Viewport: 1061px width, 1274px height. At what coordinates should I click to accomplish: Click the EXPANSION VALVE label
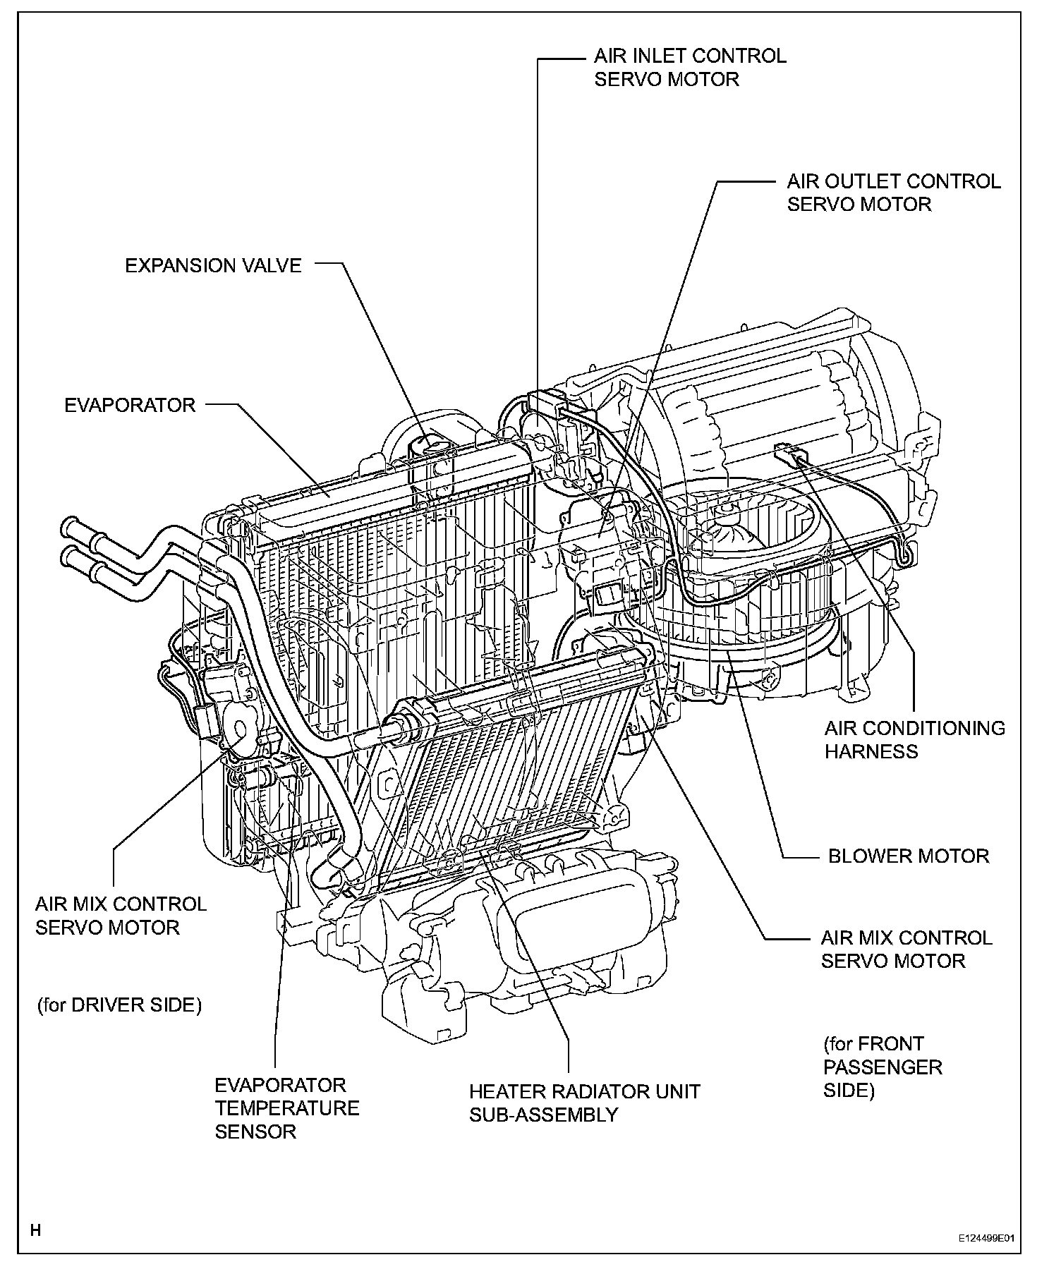tap(213, 266)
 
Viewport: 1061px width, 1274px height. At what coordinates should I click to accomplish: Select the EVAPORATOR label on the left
tap(130, 406)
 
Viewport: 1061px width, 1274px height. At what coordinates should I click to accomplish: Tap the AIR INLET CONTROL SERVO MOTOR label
tap(689, 68)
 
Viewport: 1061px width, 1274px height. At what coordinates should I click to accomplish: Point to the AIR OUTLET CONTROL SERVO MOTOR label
tap(893, 193)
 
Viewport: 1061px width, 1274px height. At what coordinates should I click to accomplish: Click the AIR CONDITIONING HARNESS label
tap(914, 739)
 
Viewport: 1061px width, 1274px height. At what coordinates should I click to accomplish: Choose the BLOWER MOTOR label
tap(908, 856)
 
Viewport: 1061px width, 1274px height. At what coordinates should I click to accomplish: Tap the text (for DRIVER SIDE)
tap(119, 1005)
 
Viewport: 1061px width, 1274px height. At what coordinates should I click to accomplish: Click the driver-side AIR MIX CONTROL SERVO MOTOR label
tap(121, 916)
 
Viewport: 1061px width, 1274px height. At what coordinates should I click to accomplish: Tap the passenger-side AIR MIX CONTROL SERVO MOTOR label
tap(906, 950)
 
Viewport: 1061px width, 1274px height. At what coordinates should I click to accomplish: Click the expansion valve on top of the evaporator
tap(428, 450)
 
